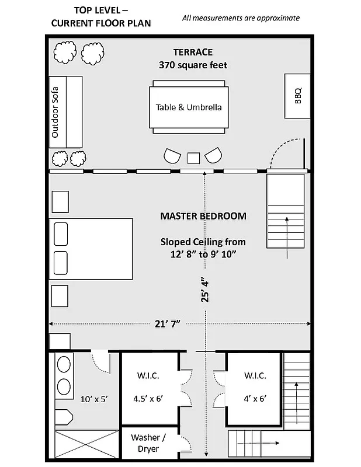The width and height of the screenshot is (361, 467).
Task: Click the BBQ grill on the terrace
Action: coord(297,95)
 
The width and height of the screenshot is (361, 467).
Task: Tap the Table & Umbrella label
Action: coord(189,107)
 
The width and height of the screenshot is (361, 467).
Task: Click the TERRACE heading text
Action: coord(193,52)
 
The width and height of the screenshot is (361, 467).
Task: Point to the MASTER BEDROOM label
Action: coord(203,216)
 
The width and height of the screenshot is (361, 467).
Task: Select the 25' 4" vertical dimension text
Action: coord(204,290)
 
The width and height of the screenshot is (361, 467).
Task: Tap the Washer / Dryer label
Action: coord(148,443)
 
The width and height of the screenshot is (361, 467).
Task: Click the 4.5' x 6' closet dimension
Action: coord(148,399)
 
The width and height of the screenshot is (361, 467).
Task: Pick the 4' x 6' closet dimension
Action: coord(255,399)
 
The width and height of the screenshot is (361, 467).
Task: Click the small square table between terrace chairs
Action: coord(193,158)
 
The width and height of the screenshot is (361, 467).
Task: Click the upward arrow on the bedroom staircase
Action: coord(287,236)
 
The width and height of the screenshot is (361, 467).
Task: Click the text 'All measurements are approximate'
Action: coord(241,18)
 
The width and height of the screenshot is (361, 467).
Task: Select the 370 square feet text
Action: coord(193,65)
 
